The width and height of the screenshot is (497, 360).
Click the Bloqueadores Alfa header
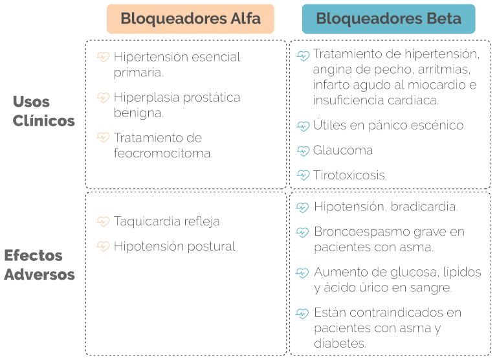[190, 19]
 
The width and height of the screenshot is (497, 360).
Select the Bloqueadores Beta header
[388, 19]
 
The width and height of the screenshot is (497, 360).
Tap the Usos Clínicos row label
[44, 111]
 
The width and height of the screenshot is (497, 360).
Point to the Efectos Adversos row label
[39, 265]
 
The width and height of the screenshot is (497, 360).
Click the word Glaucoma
[342, 150]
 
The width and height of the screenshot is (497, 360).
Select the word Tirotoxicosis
[349, 175]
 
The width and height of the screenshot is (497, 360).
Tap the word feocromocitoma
[163, 153]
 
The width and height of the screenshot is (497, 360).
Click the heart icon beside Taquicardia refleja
[103, 221]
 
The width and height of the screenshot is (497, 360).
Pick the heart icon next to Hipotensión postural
[103, 246]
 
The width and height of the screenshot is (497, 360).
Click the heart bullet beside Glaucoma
[303, 151]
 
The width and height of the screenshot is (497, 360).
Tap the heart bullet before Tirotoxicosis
[303, 175]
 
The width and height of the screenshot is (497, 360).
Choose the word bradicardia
[424, 207]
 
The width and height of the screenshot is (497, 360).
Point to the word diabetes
[340, 343]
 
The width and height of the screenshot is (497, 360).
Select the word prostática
[212, 98]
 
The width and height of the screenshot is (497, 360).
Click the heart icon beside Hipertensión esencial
[103, 57]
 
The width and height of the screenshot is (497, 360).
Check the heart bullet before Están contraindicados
[302, 313]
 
